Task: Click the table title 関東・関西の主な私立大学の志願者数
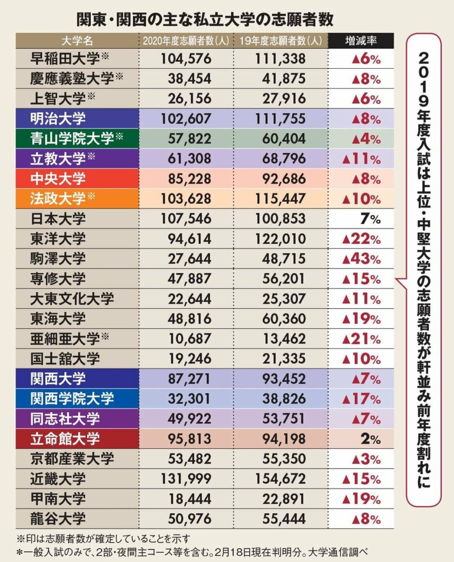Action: (205, 19)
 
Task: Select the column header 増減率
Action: (361, 41)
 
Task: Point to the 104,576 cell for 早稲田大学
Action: (185, 59)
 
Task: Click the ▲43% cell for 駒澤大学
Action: (361, 259)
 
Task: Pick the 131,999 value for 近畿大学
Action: (185, 479)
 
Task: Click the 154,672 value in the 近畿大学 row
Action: (280, 479)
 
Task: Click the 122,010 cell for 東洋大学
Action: (280, 238)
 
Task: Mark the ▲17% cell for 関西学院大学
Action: (361, 399)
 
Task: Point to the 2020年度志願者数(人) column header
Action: (185, 41)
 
